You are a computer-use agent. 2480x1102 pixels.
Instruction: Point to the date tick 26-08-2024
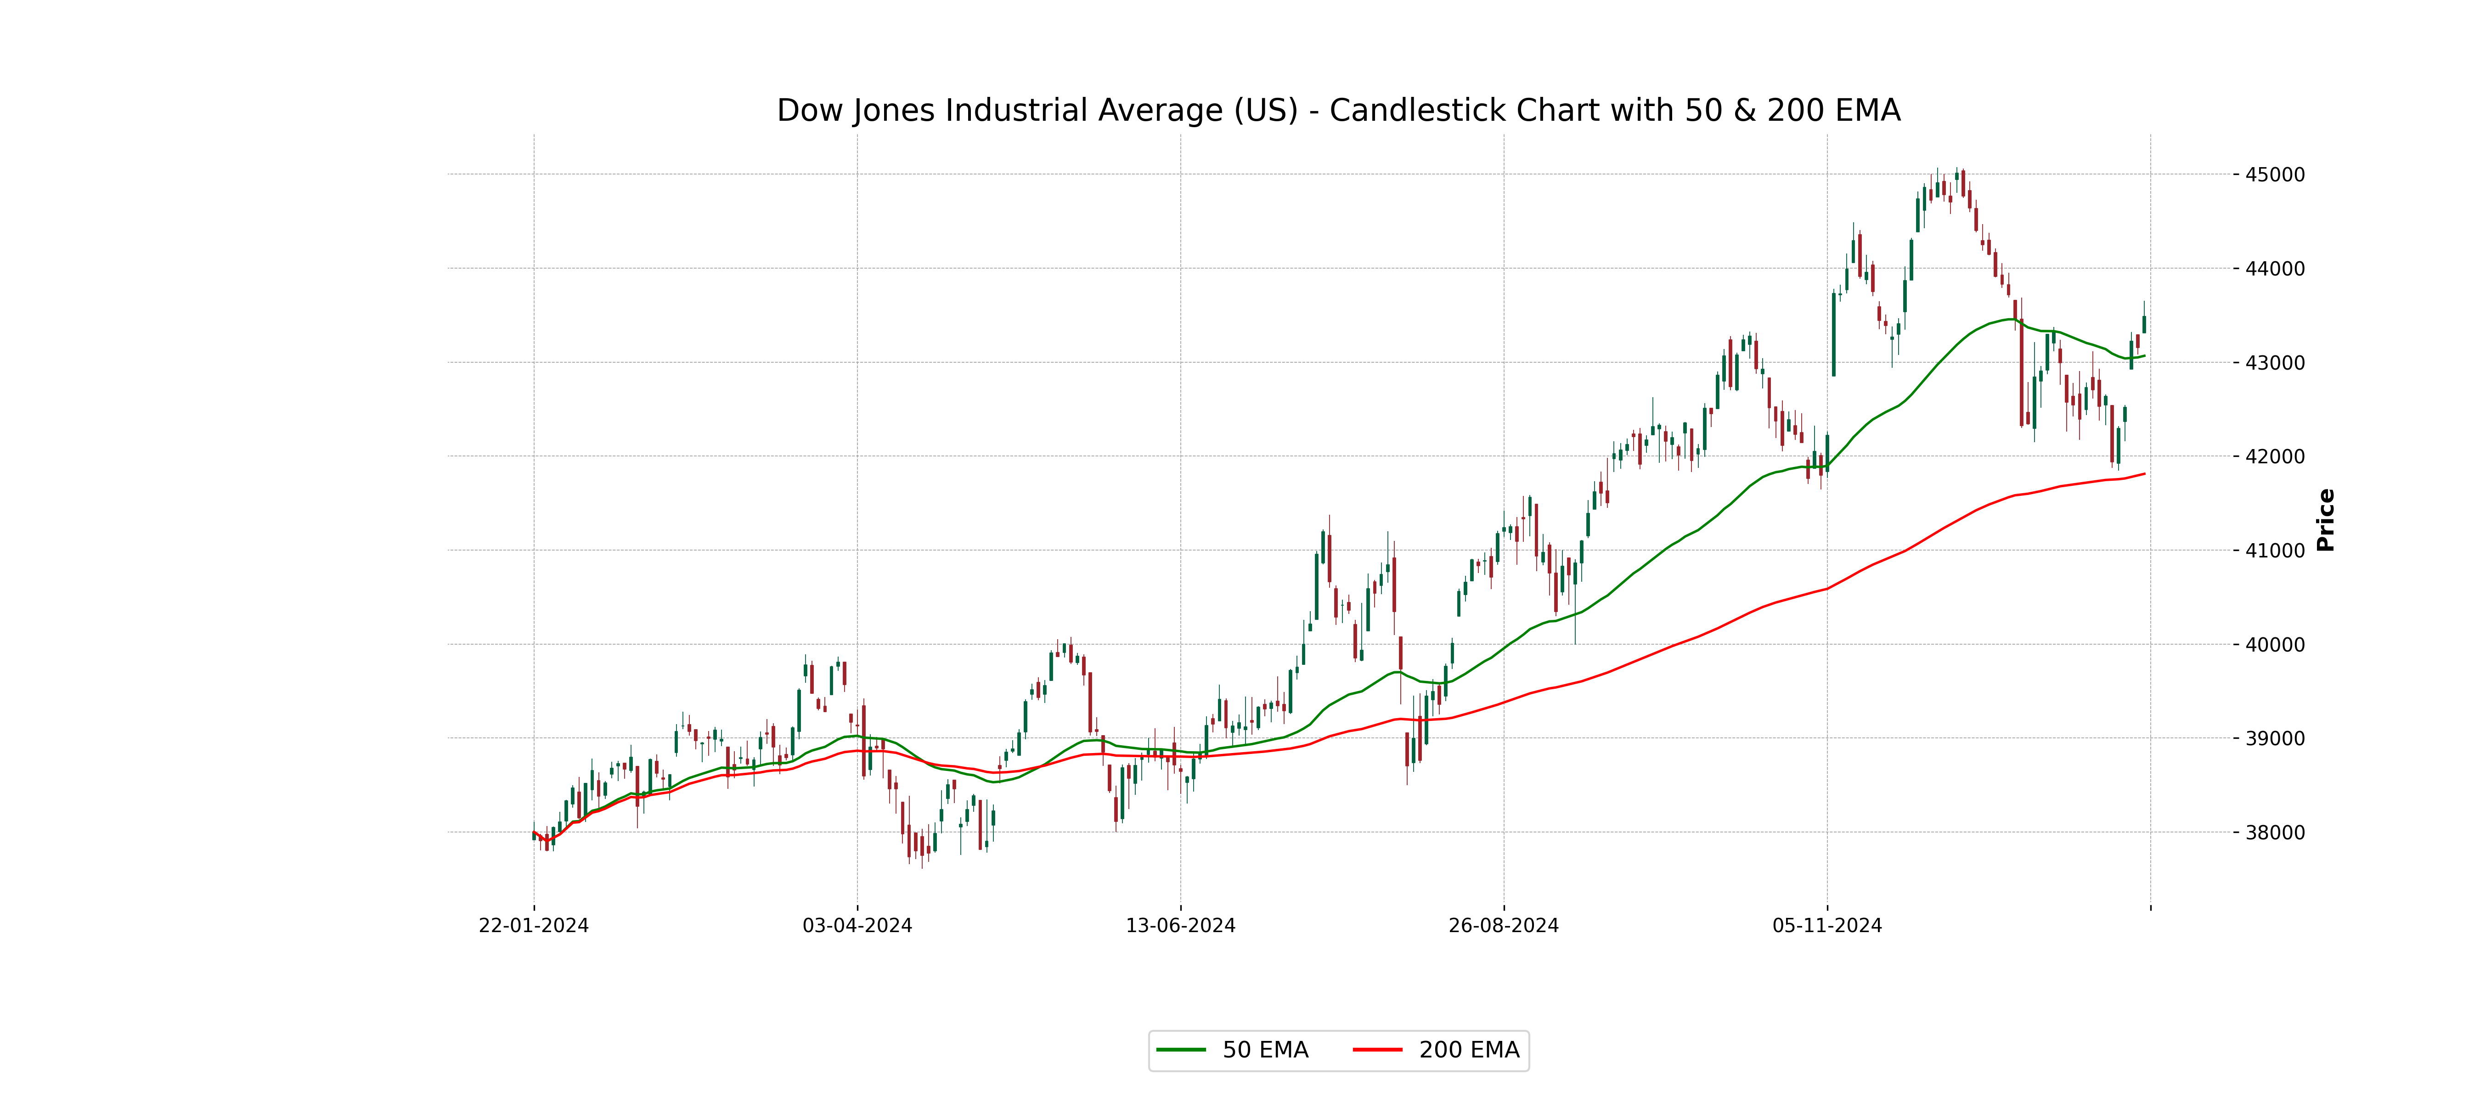click(x=1504, y=926)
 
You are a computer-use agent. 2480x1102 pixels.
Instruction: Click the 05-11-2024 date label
click(x=1827, y=926)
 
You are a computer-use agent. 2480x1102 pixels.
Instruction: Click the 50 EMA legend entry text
click(x=1265, y=1050)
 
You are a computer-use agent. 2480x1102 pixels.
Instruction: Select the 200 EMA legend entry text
click(x=1469, y=1050)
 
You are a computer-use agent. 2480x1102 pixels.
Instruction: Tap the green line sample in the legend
click(x=1181, y=1050)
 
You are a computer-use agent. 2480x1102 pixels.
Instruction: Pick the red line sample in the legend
click(x=1378, y=1050)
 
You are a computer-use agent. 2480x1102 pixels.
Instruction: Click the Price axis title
click(x=2326, y=520)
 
